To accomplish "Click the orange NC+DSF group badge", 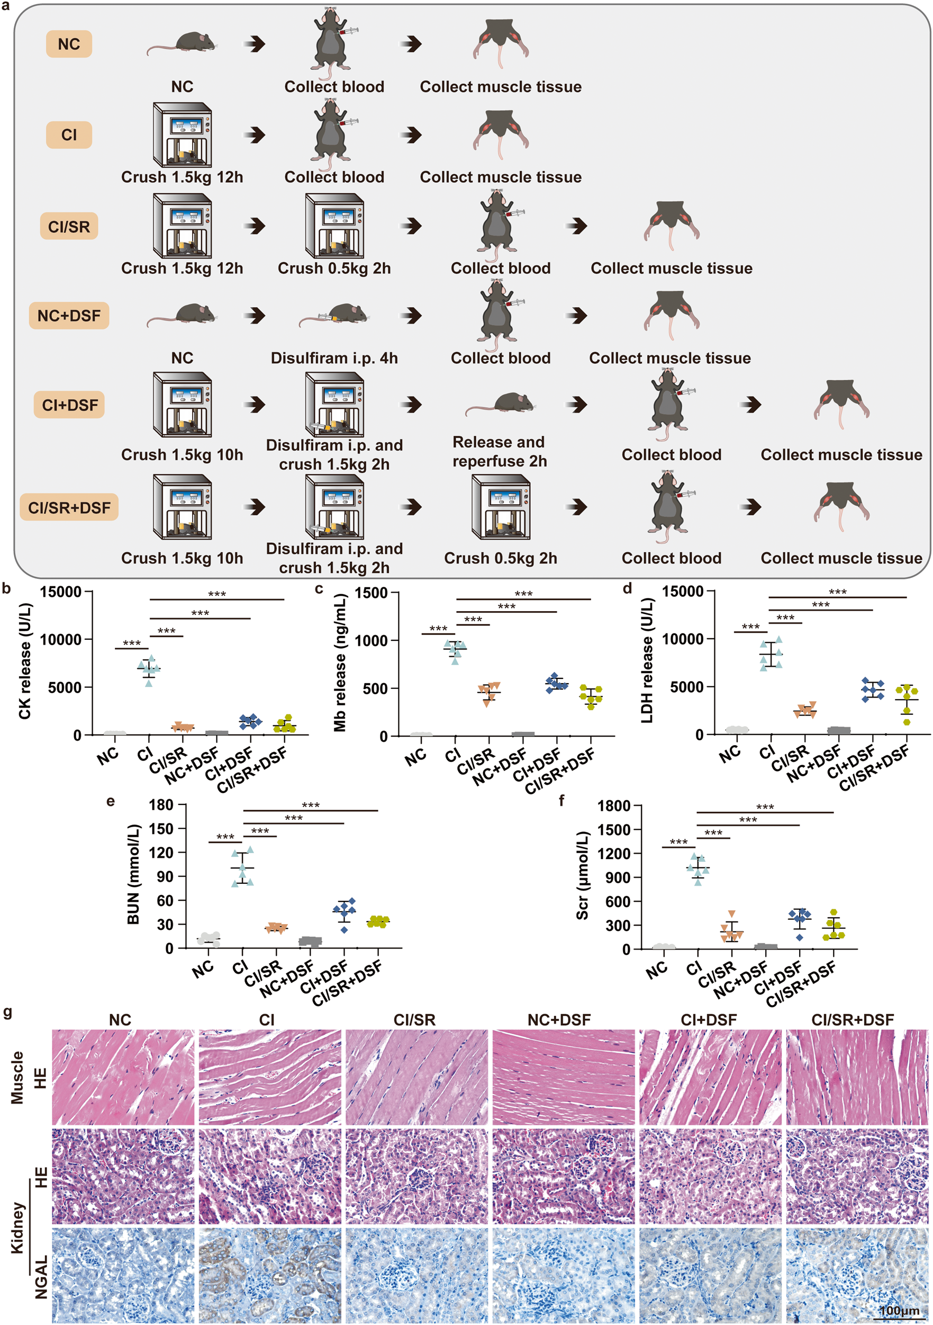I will coord(69,316).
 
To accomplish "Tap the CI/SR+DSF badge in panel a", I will coord(69,507).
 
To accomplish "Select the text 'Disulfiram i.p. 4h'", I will coord(334,359).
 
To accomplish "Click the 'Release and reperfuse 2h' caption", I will coord(499,451).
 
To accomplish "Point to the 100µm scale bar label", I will coord(899,1311).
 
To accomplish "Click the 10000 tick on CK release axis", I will coord(60,639).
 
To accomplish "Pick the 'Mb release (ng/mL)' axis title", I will coord(340,664).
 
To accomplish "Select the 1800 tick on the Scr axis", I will coord(613,805).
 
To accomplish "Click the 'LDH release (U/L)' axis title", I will coord(647,661).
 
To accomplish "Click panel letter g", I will coord(7,1012).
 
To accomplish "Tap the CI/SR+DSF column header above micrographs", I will coord(852,1020).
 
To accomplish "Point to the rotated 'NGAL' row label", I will coord(41,1276).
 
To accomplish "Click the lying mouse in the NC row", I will coord(182,43).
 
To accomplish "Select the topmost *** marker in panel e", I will coord(310,805).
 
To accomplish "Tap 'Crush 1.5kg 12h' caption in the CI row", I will coord(182,177).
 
